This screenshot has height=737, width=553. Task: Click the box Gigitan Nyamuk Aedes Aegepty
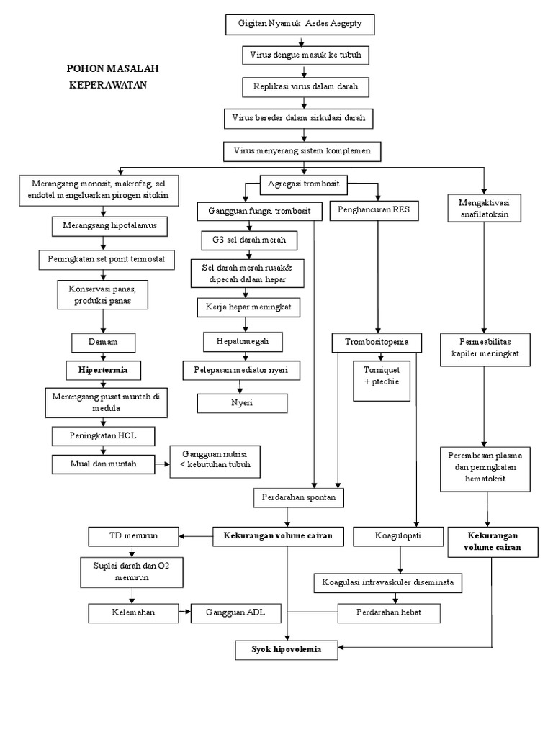(305, 24)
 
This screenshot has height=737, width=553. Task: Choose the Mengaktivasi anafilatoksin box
(485, 208)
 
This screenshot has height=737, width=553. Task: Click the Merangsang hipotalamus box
(109, 226)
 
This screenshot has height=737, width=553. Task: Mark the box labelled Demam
(104, 342)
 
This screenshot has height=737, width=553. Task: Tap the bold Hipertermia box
(104, 370)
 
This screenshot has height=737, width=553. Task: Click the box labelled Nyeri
(242, 403)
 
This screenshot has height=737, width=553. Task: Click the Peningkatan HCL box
(104, 436)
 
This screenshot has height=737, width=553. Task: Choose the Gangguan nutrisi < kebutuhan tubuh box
(215, 462)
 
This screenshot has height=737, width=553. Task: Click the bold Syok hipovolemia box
(286, 649)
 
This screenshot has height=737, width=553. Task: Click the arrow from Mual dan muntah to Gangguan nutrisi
(163, 464)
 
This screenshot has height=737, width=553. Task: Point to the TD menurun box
(132, 536)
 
